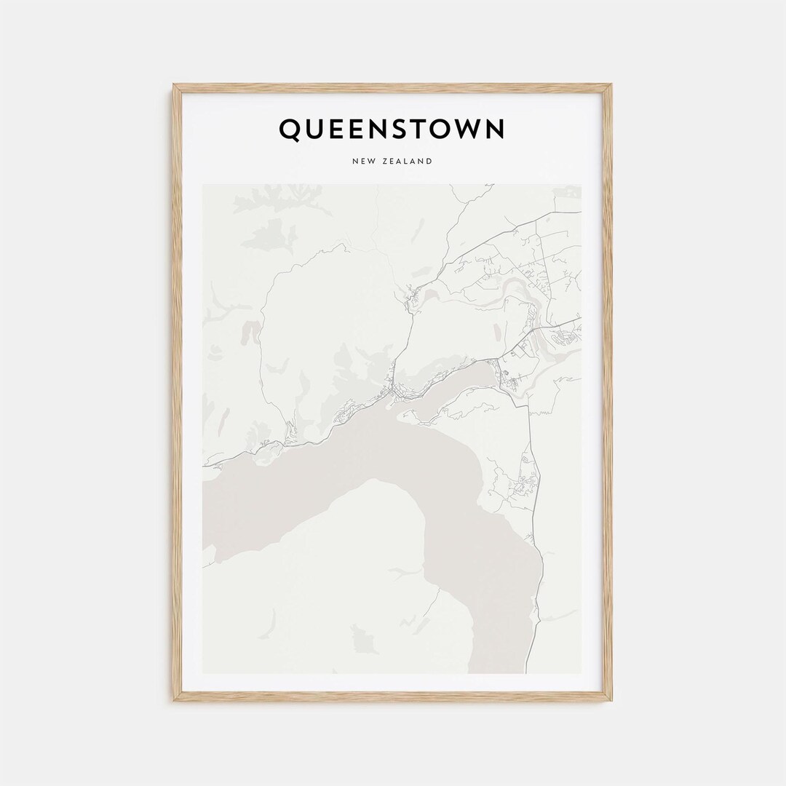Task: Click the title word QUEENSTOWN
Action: click(x=392, y=130)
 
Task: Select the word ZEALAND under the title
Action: click(x=407, y=161)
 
